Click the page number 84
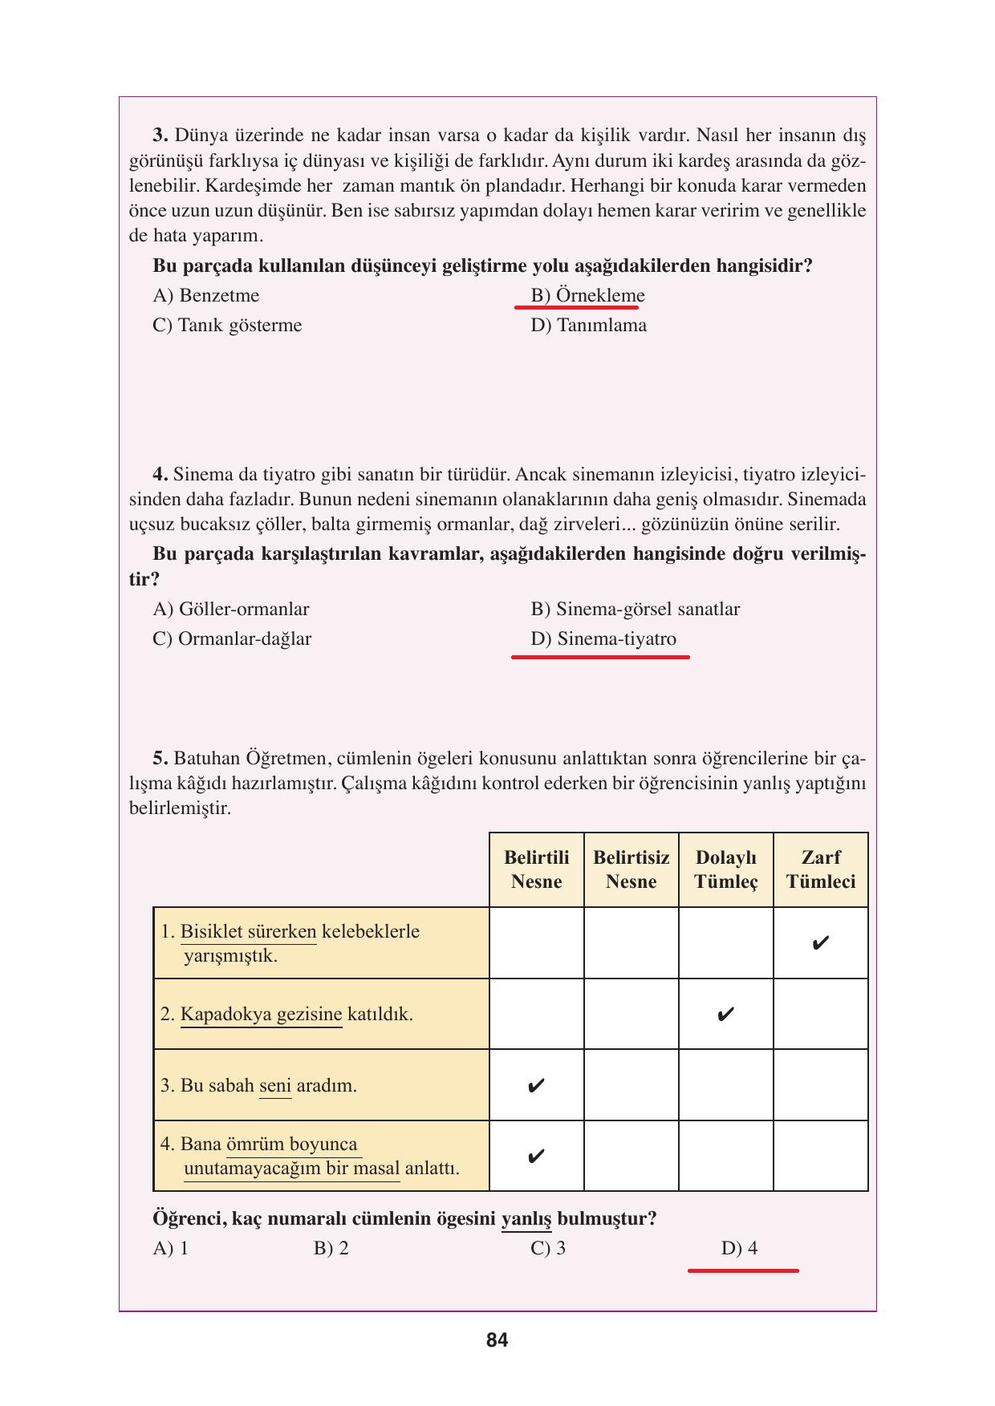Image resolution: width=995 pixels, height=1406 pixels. (x=497, y=1340)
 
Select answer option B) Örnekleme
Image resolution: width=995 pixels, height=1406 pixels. (x=587, y=296)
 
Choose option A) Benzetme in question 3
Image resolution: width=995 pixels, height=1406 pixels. (x=206, y=296)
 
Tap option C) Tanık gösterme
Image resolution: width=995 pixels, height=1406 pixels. (x=227, y=326)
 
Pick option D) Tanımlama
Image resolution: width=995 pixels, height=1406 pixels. (x=588, y=326)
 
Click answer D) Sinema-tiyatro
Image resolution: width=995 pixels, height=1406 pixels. (x=603, y=639)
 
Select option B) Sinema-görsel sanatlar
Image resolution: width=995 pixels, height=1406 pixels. (x=635, y=610)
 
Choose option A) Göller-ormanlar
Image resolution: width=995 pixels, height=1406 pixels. (x=231, y=610)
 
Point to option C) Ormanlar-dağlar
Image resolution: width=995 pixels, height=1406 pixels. (x=232, y=639)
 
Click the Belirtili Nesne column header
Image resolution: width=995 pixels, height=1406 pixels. (x=536, y=869)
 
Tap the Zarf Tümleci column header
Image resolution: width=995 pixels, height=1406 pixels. (x=820, y=869)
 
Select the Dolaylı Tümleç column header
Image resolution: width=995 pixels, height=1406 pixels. (x=725, y=869)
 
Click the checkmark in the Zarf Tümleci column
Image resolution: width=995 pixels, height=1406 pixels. (x=820, y=943)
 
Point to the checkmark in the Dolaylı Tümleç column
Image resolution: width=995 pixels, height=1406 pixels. (x=725, y=1015)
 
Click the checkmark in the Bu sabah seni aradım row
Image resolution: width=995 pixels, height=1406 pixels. (x=536, y=1086)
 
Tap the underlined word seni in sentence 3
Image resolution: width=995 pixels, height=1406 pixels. (x=275, y=1086)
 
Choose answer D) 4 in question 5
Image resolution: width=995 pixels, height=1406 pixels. (x=739, y=1249)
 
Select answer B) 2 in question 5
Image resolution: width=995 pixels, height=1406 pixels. (x=331, y=1249)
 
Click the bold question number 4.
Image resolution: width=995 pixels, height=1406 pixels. (x=160, y=475)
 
